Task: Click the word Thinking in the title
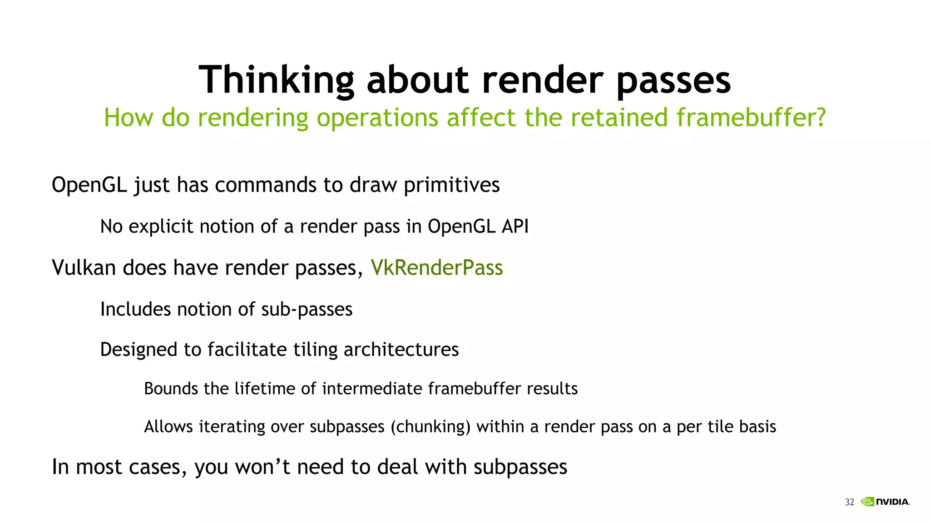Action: (x=276, y=80)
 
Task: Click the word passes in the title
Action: (x=673, y=80)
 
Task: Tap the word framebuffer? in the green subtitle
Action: (x=751, y=118)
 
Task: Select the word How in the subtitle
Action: (x=129, y=118)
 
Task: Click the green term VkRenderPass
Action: (x=436, y=267)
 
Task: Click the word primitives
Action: (x=451, y=185)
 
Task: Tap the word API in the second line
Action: (x=515, y=226)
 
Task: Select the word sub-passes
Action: (x=307, y=310)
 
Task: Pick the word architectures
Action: (x=401, y=350)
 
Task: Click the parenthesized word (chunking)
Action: (x=430, y=427)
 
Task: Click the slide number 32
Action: (x=849, y=502)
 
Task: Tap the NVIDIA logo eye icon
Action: (x=867, y=502)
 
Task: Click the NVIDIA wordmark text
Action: (x=892, y=502)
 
